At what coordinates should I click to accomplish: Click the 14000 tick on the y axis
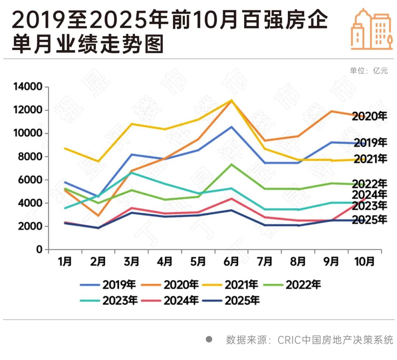click(x=28, y=87)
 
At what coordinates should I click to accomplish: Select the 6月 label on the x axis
click(x=231, y=261)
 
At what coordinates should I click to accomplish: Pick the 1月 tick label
click(x=65, y=261)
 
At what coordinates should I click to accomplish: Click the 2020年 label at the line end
click(x=369, y=117)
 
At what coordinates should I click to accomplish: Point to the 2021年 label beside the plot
click(x=370, y=159)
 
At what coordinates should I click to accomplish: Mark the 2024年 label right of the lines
click(x=369, y=195)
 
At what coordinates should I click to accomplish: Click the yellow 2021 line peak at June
click(x=231, y=100)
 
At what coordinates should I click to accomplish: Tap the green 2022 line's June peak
click(x=231, y=164)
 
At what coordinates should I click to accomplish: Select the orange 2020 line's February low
click(x=98, y=215)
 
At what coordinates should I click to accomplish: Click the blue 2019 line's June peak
click(x=231, y=127)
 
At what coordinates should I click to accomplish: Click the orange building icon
click(x=371, y=29)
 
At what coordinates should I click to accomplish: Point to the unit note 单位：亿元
click(x=369, y=71)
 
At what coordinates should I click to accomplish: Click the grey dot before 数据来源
click(x=209, y=339)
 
